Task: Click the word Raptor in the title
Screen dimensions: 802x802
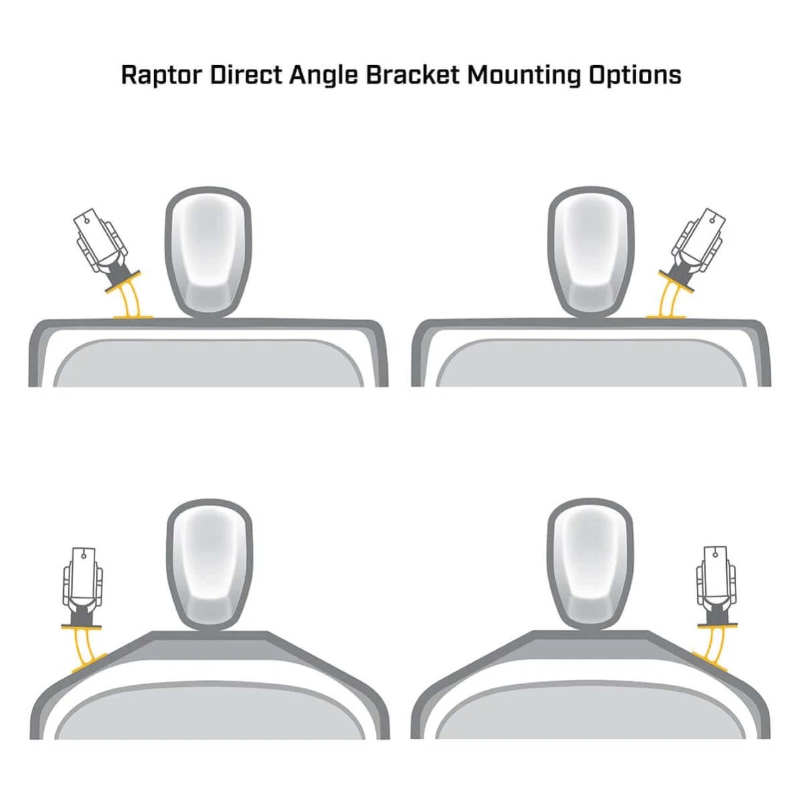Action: [162, 76]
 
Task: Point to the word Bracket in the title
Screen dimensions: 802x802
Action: [413, 75]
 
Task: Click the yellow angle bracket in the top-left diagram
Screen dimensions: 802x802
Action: [127, 296]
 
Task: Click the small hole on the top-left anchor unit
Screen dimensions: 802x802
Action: [87, 221]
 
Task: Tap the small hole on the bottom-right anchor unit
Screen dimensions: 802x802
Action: [715, 554]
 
